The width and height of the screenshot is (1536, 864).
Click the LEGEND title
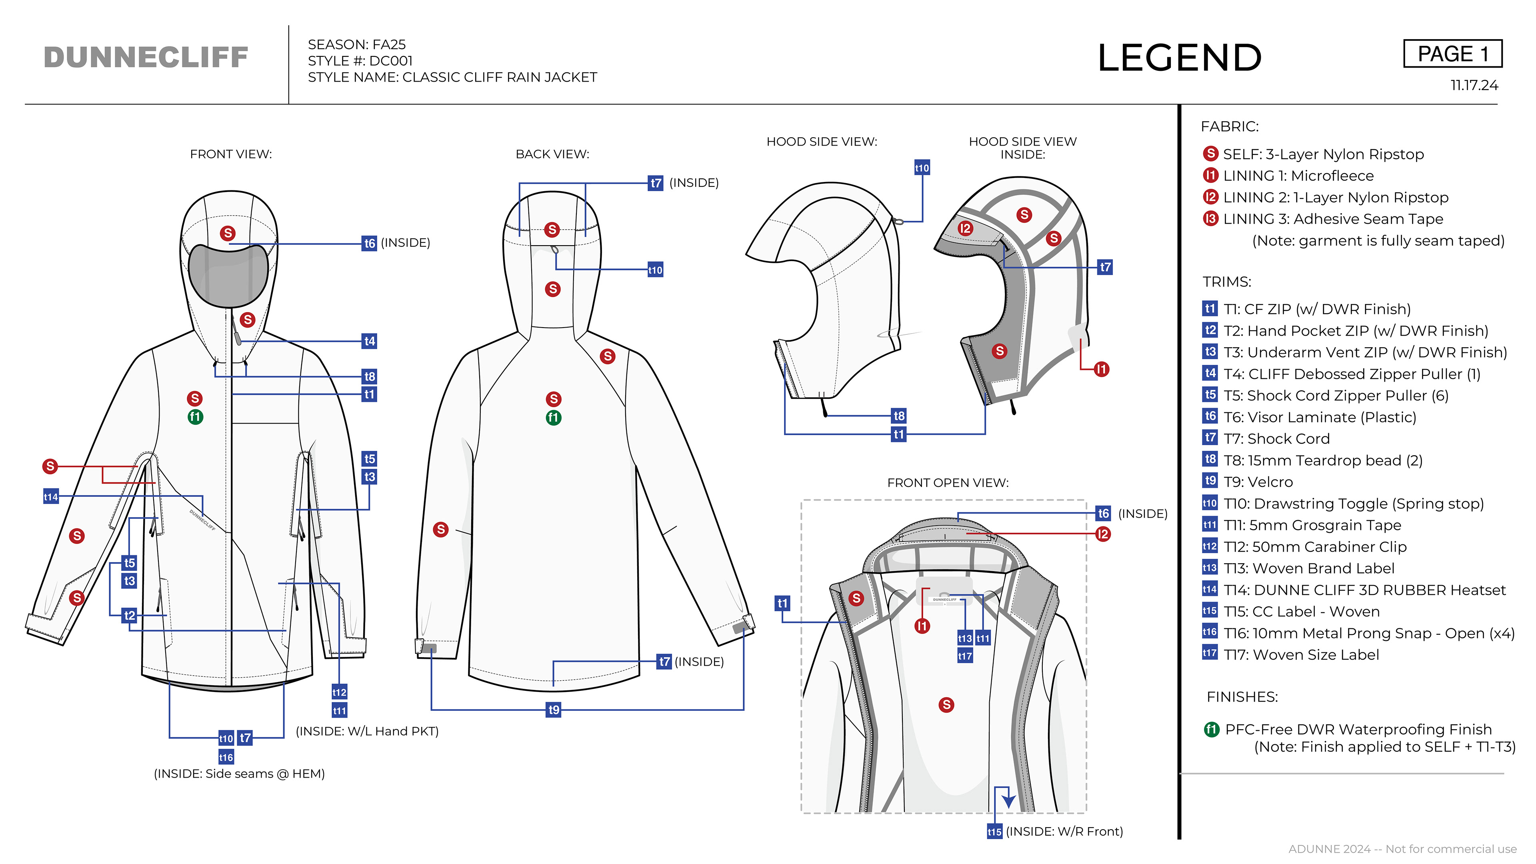[x=1180, y=58]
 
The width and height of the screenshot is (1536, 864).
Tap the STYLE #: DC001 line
[x=360, y=61]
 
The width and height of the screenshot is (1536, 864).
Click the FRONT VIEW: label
[x=231, y=154]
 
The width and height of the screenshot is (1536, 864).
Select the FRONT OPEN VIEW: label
[x=948, y=483]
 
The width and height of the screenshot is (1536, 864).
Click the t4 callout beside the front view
[x=370, y=341]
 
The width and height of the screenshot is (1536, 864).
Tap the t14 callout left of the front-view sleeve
[x=51, y=497]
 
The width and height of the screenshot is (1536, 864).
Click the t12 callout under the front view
[x=339, y=692]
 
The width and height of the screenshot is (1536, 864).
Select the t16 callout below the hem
[x=226, y=757]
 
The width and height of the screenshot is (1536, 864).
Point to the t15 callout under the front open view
[x=994, y=831]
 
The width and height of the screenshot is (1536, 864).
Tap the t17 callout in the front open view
[x=965, y=656]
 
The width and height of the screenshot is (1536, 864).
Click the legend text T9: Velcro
[x=1258, y=482]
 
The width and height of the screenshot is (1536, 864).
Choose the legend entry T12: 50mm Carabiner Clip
[x=1315, y=547]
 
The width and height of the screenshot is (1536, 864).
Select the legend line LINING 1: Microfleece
[x=1298, y=176]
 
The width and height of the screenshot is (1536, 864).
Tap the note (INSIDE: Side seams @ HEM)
[x=239, y=774]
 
